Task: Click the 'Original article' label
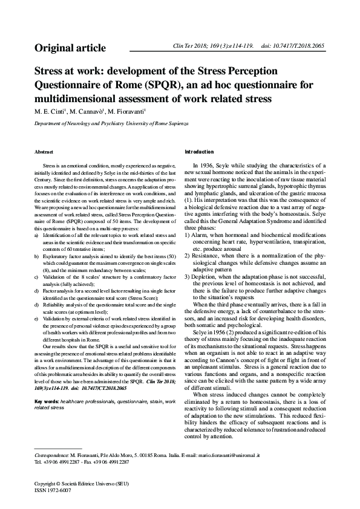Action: pyautogui.click(x=70, y=48)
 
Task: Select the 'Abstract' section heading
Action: pyautogui.click(x=44, y=151)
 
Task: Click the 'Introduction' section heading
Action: pyautogui.click(x=199, y=151)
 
